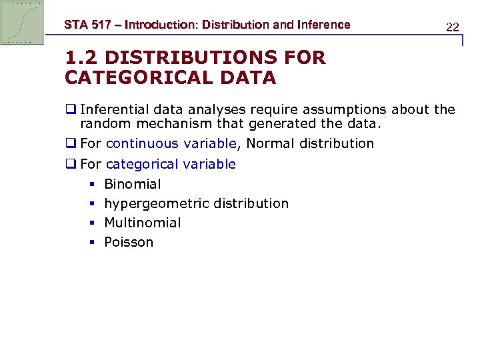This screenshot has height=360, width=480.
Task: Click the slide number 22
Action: [x=453, y=27]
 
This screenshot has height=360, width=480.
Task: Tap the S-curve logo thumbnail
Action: [x=22, y=23]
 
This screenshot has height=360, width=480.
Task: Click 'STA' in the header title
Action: [x=75, y=25]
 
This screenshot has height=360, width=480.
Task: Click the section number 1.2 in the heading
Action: [x=81, y=58]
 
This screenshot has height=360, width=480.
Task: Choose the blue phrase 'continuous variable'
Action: [x=171, y=143]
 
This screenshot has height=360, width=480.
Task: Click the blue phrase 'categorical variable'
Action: [x=171, y=164]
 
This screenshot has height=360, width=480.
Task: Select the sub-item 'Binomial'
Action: [x=133, y=184]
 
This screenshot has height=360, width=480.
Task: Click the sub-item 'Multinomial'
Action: [x=143, y=223]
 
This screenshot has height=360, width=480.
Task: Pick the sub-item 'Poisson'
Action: [x=129, y=242]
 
